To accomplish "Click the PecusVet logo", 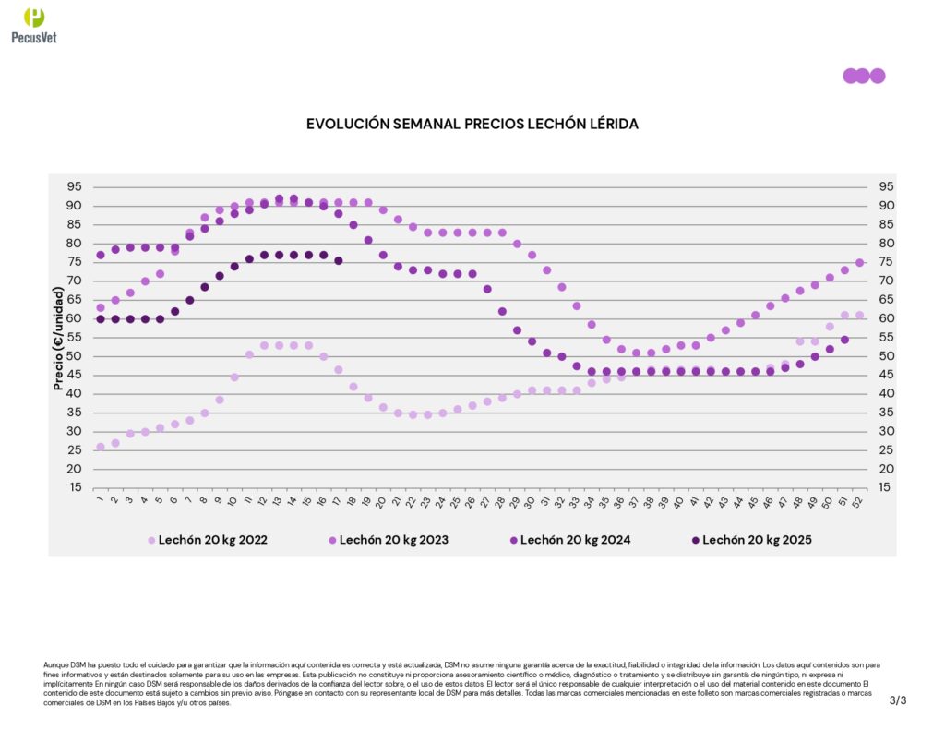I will tap(34, 24).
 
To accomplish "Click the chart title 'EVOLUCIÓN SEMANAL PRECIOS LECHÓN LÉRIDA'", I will tap(472, 124).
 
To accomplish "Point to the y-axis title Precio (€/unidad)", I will tap(59, 339).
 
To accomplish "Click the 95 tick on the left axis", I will tap(74, 186).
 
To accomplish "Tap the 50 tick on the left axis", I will tap(74, 356).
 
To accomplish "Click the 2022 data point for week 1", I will tap(101, 447).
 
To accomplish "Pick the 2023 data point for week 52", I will tap(859, 262).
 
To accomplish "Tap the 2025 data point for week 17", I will tap(339, 260).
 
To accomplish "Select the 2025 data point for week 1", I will tap(101, 318).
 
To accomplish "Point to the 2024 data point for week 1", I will tap(101, 255).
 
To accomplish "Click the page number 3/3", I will tap(898, 700).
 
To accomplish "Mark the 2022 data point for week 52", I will tap(859, 315).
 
